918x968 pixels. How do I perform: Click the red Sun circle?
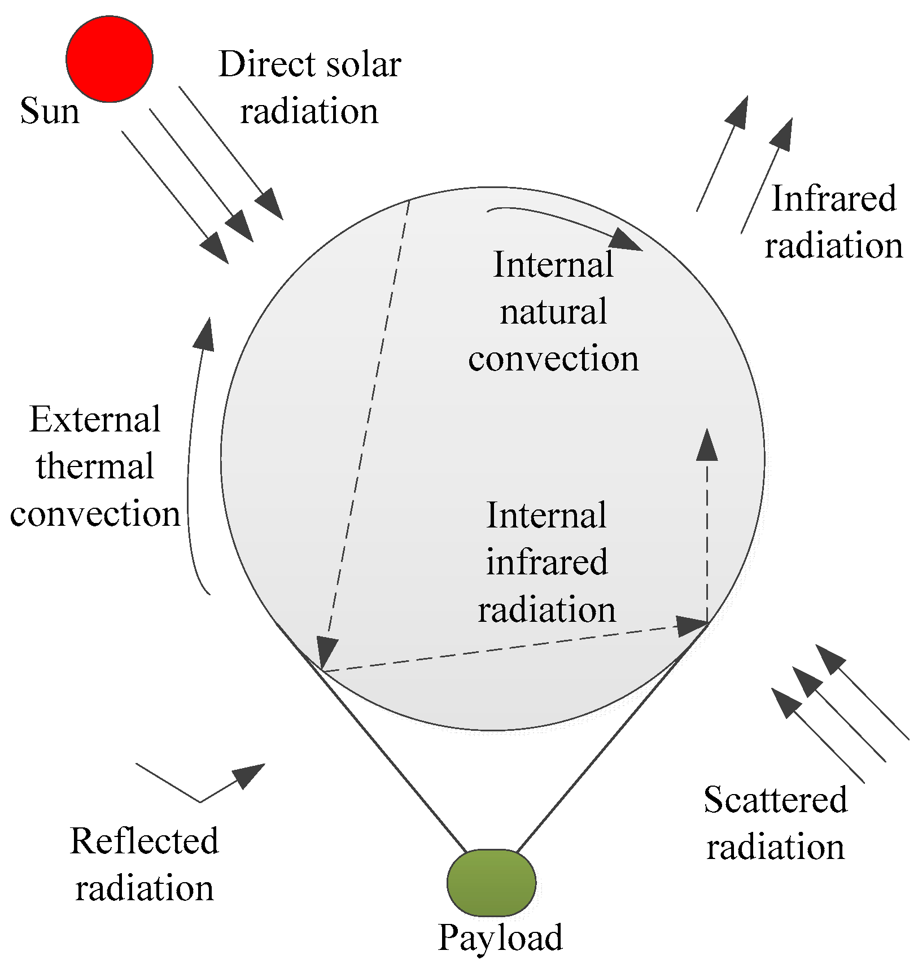coord(110,59)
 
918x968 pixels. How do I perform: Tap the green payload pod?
coord(491,882)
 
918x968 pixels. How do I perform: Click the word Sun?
coord(50,111)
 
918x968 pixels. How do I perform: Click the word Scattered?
coord(775,800)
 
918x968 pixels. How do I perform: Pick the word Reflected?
coord(144,841)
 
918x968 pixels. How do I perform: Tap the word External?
coord(95,420)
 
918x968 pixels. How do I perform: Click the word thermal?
coord(95,466)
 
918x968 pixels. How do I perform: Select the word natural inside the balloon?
coord(553,312)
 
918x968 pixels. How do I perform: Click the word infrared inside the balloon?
coord(547,563)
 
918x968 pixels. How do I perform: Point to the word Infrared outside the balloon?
coord(833,199)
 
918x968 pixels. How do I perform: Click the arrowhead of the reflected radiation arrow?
coord(248,775)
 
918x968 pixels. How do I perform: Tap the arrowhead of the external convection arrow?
coord(204,334)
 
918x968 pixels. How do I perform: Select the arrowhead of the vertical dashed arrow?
coord(707,445)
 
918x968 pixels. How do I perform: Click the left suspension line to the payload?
coord(390,757)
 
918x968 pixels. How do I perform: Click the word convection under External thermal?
coord(95,514)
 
